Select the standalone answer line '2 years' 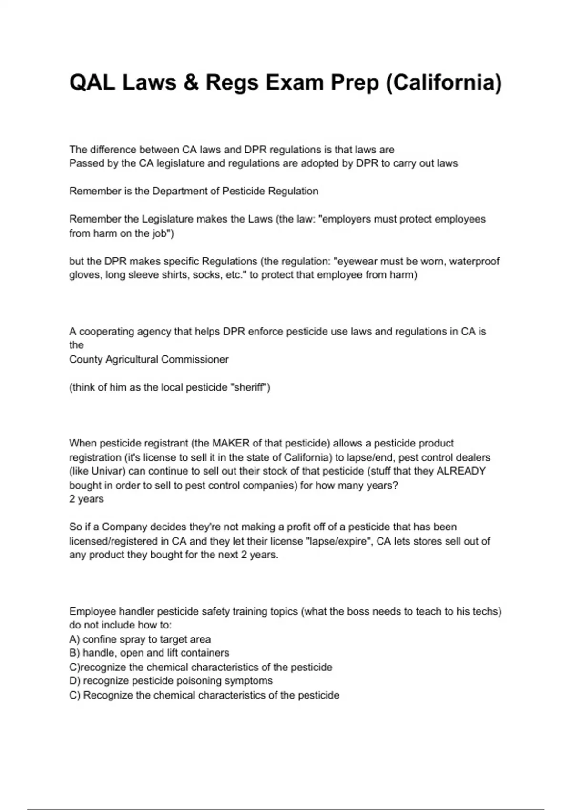point(86,499)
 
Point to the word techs point(487,611)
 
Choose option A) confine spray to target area point(140,639)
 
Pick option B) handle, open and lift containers point(149,653)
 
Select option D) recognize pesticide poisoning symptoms point(171,681)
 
